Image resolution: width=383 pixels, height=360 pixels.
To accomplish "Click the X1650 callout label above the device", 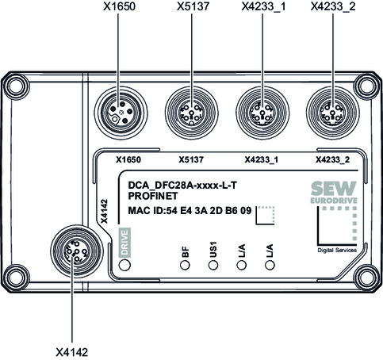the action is point(119,6).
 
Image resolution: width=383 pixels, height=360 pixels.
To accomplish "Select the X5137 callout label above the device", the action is point(193,6).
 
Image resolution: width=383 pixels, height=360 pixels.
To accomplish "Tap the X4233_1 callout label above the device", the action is point(263,6).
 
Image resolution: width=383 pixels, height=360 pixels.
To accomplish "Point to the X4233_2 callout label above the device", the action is point(333,6).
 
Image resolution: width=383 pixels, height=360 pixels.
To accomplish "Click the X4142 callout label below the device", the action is point(71,352).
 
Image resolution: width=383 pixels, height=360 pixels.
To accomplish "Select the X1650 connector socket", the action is point(121,113).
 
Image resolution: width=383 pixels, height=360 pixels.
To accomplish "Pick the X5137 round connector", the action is point(192,113).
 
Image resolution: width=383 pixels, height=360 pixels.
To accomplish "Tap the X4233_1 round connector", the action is point(262,113).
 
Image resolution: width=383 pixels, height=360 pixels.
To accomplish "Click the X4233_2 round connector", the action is point(333,113).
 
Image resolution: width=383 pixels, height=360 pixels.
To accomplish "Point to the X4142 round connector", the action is point(77,251).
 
